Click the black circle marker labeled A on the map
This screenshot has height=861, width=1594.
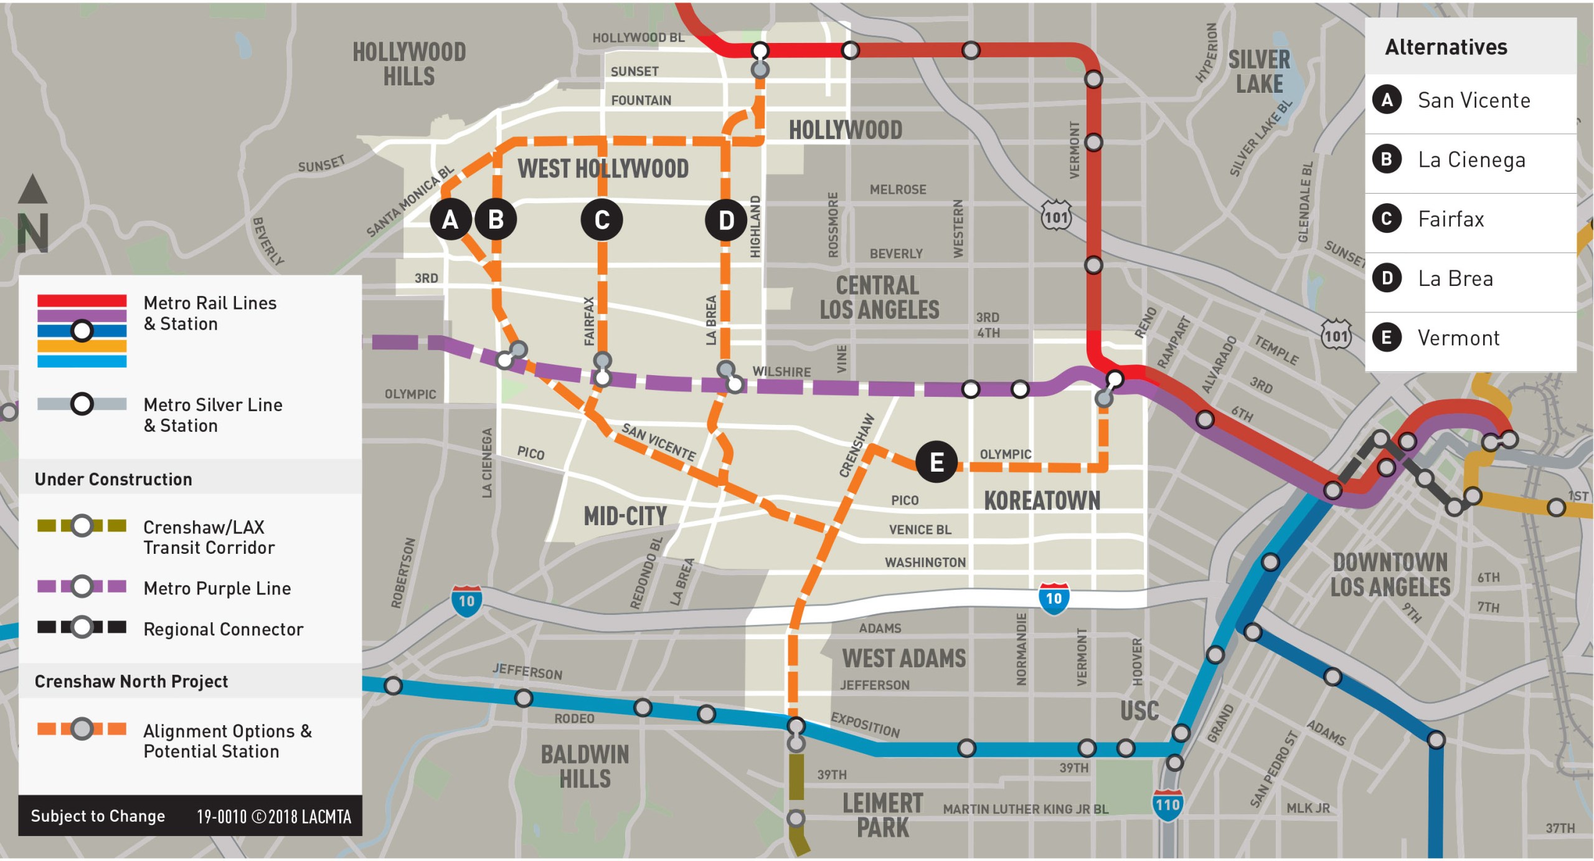(x=450, y=219)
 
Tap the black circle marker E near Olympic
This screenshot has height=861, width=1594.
(x=936, y=462)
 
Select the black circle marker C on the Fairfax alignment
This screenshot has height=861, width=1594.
(x=601, y=219)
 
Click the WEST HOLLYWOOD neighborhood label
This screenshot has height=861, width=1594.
(x=603, y=169)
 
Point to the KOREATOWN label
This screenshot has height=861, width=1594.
(x=1042, y=500)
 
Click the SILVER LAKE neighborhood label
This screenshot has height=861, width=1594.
(x=1259, y=72)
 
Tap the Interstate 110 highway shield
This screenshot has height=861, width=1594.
(x=1167, y=805)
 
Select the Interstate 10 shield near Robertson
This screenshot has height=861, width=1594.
(x=466, y=601)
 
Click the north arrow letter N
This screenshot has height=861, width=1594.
(x=33, y=232)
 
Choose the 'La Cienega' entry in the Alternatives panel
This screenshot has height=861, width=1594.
(x=1471, y=160)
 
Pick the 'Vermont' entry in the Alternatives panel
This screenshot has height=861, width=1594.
(x=1458, y=338)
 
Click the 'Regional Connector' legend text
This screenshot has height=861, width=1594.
(x=223, y=629)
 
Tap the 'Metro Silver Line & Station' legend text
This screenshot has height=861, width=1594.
(x=212, y=415)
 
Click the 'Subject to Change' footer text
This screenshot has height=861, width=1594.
(x=98, y=816)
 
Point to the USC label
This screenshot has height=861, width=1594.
(x=1139, y=711)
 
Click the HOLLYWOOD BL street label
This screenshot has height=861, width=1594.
(x=638, y=38)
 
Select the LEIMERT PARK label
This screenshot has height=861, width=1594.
(x=882, y=816)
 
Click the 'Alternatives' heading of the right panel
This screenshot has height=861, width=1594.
(x=1446, y=47)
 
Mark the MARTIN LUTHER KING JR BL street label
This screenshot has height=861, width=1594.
(x=1026, y=809)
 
